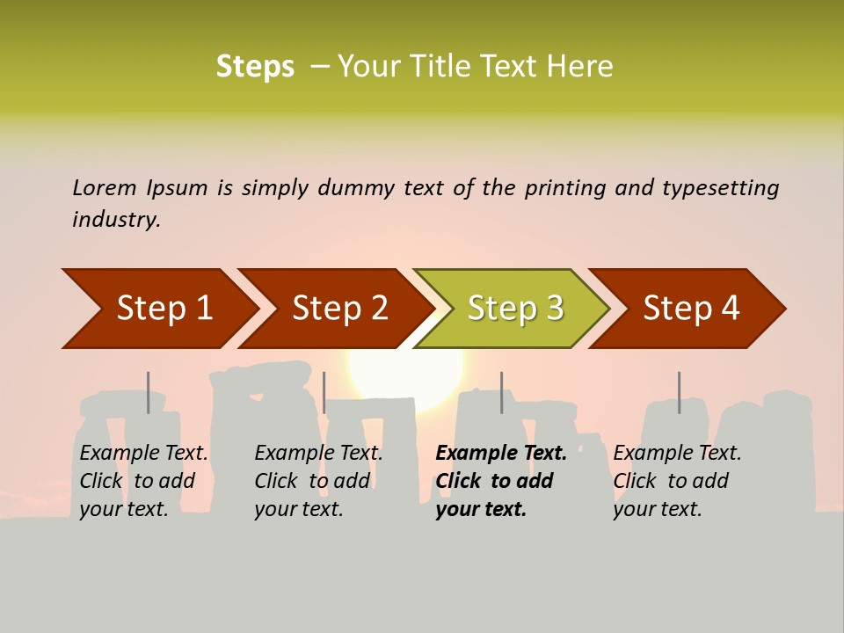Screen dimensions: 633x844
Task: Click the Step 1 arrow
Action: pyautogui.click(x=158, y=309)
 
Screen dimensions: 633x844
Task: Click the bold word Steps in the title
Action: pyautogui.click(x=255, y=67)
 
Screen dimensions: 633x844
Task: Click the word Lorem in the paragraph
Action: pyautogui.click(x=105, y=187)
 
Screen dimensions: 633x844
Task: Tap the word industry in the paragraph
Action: pyautogui.click(x=116, y=219)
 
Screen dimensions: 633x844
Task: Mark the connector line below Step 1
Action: pyautogui.click(x=149, y=392)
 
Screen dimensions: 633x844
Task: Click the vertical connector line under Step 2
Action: pyautogui.click(x=324, y=392)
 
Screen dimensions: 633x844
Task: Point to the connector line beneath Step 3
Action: pyautogui.click(x=502, y=392)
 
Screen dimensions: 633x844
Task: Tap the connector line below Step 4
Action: pyautogui.click(x=679, y=392)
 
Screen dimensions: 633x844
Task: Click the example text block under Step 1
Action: pyautogui.click(x=143, y=481)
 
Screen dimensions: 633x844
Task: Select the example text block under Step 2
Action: pyautogui.click(x=318, y=481)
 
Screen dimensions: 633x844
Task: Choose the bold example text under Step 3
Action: pyautogui.click(x=500, y=481)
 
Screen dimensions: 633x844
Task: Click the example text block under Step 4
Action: pyautogui.click(x=677, y=481)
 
